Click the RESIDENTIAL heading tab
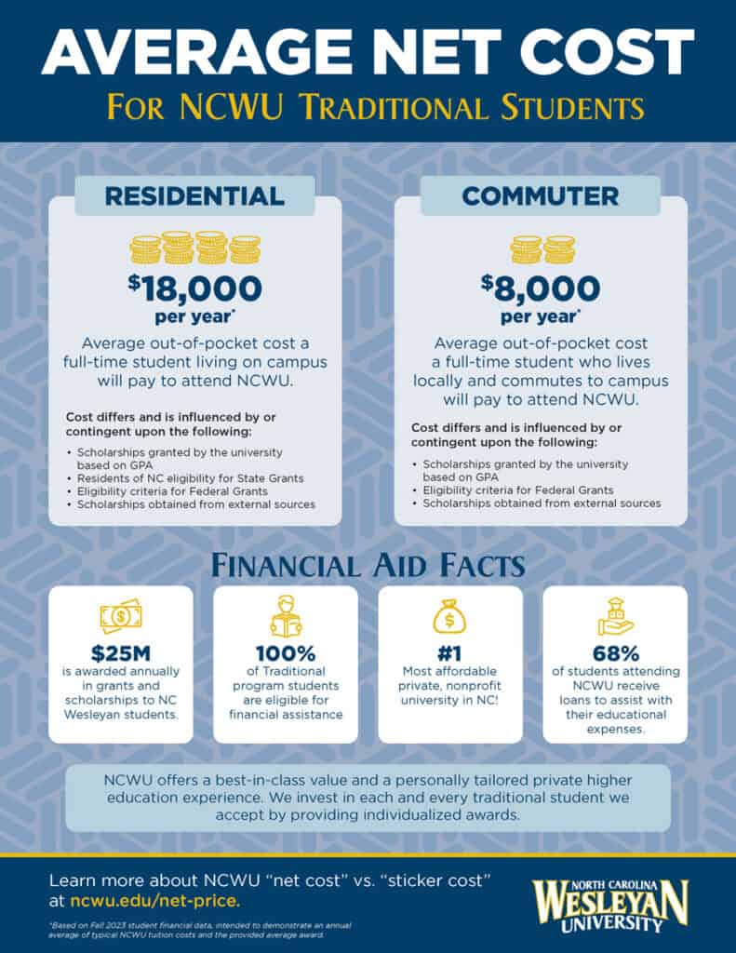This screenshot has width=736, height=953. coord(194,195)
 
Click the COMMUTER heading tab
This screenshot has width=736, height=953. coord(540,195)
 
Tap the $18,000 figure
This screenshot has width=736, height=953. coord(194,289)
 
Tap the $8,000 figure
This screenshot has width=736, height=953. coord(540,289)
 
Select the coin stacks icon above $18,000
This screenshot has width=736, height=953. coord(194,248)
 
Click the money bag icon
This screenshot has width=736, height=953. coord(449,615)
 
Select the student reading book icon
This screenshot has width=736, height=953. coord(285,615)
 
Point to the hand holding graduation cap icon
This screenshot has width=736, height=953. coord(614,615)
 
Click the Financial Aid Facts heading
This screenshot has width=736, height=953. coord(368,566)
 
